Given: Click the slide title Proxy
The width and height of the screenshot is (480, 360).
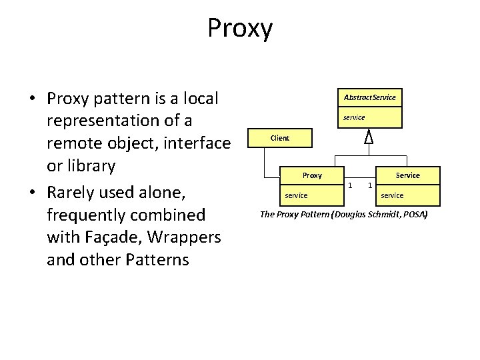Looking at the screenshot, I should (240, 29).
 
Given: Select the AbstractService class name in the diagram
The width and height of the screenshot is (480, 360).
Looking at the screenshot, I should (369, 97).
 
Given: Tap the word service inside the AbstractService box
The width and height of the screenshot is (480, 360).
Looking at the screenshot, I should (354, 117).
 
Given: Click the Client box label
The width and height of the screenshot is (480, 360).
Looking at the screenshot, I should (280, 138).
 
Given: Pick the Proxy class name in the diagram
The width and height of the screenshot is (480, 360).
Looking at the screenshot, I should (312, 175).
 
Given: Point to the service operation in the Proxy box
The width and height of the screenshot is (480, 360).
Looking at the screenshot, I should (296, 195).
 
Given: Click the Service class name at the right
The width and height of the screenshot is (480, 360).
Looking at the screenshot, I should (407, 175).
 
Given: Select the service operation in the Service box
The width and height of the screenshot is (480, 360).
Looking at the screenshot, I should (391, 195).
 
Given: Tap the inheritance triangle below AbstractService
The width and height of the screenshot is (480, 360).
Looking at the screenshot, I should (368, 137).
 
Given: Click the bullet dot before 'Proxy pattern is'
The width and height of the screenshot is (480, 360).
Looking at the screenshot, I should (32, 99).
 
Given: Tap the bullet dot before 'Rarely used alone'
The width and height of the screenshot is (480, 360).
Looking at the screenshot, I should (32, 193).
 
